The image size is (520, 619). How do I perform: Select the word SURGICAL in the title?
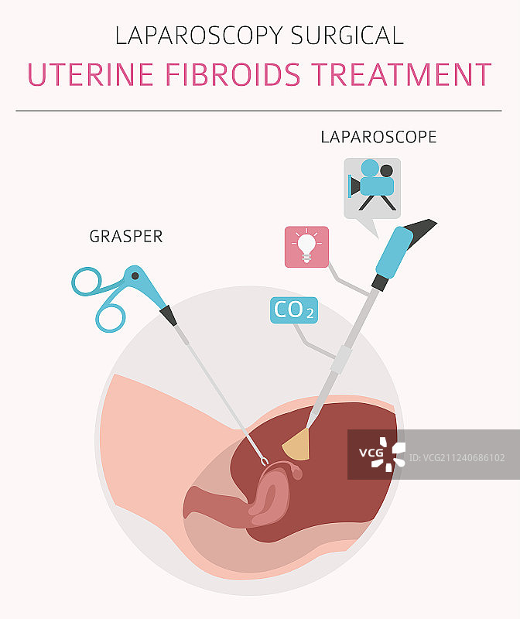[348, 36]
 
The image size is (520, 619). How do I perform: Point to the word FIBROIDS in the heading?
[221, 75]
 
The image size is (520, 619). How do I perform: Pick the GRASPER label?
[126, 237]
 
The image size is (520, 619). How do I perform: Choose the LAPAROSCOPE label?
[378, 137]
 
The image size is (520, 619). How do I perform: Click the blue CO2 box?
[293, 310]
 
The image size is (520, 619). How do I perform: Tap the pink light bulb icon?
[306, 246]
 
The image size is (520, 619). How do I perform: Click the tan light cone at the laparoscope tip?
[297, 444]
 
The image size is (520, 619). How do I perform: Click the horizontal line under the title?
[259, 111]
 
